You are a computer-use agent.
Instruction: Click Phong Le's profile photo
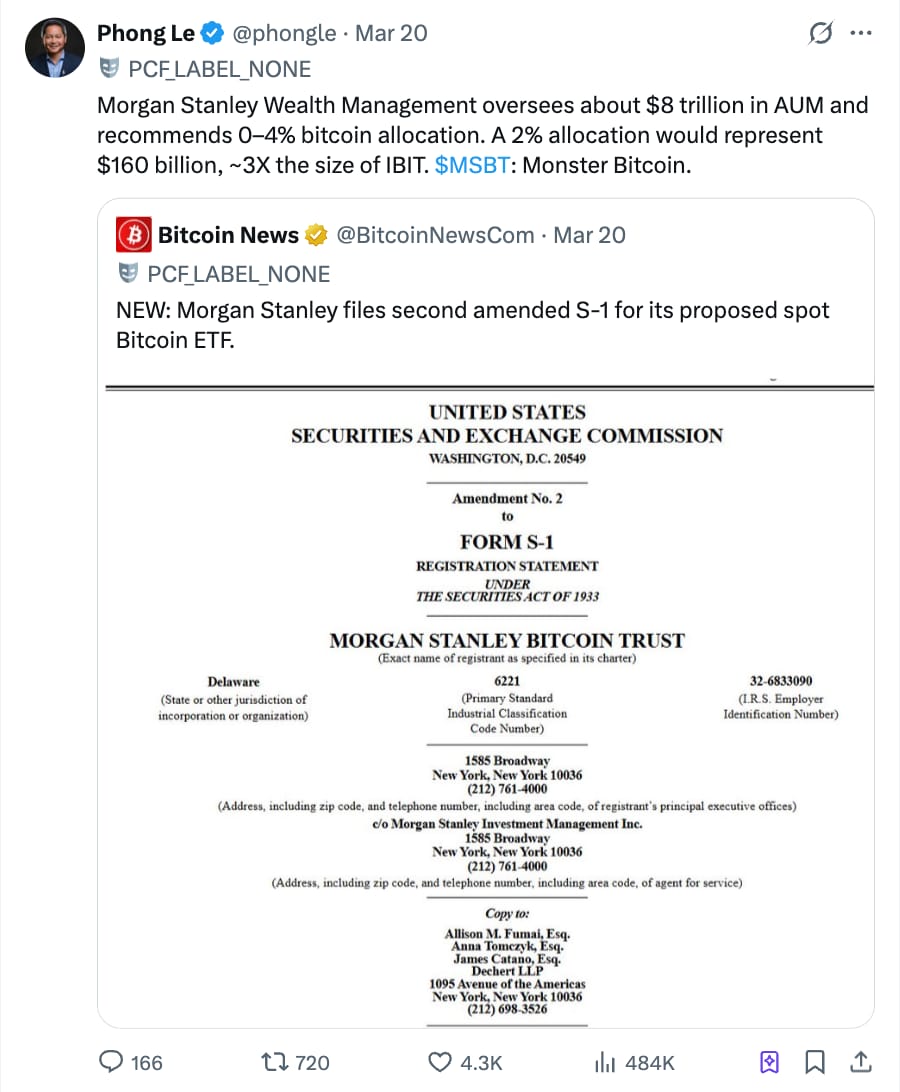pos(55,46)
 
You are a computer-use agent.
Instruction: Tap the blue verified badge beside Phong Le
pos(212,34)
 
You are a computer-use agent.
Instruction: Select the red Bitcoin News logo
pos(134,235)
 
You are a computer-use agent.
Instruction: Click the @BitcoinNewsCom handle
pos(435,235)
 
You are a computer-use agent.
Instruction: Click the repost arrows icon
pos(270,1062)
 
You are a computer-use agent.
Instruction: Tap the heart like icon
pos(439,1062)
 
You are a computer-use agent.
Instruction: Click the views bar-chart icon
pos(604,1062)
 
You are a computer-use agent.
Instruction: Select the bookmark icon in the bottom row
pos(815,1062)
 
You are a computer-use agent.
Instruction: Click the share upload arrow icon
pos(859,1062)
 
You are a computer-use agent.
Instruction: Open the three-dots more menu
pos(860,33)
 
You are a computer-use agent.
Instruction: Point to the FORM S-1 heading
pos(506,542)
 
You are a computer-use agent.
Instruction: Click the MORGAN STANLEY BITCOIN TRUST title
pos(507,641)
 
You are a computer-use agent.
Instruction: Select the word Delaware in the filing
pos(233,681)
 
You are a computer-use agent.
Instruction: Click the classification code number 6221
pos(507,681)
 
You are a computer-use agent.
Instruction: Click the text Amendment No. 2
pos(507,498)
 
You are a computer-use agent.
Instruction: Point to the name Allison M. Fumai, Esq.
pos(507,934)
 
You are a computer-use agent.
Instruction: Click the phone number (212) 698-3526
pos(507,1010)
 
